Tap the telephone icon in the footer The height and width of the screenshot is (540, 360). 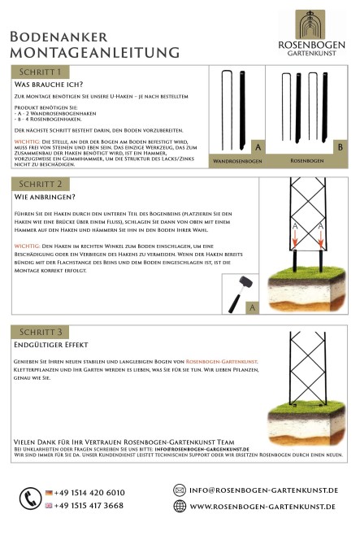tap(31, 498)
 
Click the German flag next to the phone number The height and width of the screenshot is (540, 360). tap(50, 493)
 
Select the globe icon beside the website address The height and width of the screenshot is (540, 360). tap(180, 506)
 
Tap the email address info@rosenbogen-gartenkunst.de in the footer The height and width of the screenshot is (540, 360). tap(263, 490)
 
